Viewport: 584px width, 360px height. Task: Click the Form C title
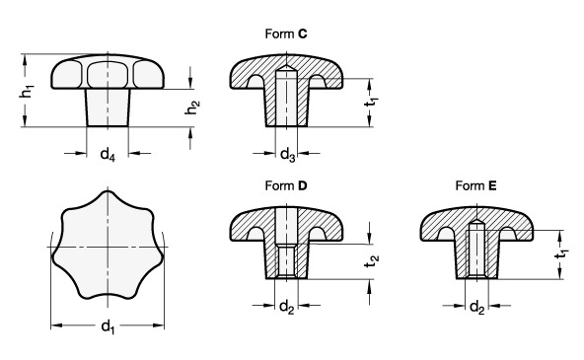point(286,34)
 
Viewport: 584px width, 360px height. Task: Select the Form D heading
point(286,185)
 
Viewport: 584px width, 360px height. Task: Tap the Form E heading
point(476,185)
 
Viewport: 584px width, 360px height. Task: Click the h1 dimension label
point(27,91)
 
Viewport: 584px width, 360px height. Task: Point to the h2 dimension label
point(192,108)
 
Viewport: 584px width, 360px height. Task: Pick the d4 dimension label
point(108,154)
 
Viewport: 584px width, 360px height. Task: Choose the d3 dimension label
point(287,154)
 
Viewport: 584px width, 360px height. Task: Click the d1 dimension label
point(108,327)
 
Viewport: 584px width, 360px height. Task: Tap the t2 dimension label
point(372,261)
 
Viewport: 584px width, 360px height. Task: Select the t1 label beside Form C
point(371,102)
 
